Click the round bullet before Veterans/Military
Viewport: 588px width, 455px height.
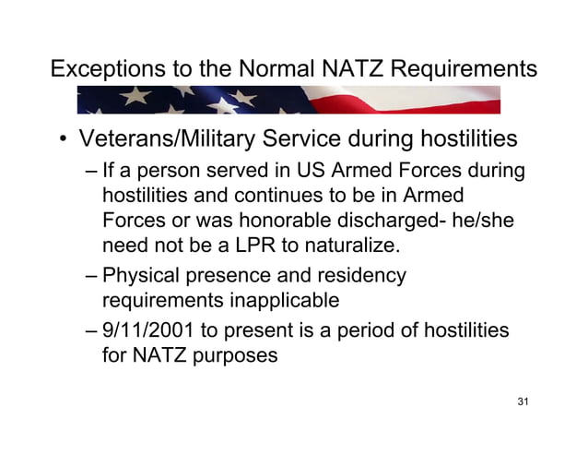tap(64, 142)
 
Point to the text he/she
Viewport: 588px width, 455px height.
tap(483, 222)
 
